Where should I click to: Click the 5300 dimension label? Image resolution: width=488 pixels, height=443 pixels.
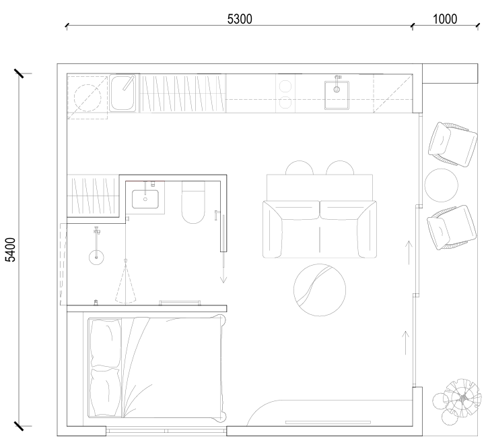point(240,19)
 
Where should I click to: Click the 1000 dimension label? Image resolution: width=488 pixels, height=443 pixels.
point(445,19)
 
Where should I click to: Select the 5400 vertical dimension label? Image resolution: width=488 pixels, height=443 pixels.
point(11,249)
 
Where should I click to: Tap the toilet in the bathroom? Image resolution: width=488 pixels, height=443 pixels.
point(193,203)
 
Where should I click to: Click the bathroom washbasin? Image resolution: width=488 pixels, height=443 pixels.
point(145,199)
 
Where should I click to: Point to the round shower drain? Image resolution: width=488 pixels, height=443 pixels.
point(96,258)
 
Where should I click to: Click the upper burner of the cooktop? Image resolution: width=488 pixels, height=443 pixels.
point(285,86)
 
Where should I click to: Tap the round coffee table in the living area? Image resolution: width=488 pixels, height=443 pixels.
point(320,290)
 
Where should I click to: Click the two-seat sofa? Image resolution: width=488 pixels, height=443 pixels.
point(320,229)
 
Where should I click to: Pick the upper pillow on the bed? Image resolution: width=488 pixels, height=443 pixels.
point(105,343)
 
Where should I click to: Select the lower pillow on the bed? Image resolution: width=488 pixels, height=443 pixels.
point(105,392)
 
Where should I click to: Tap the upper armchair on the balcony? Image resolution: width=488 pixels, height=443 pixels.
point(452,144)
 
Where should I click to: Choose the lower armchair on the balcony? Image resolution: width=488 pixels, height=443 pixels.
point(452,228)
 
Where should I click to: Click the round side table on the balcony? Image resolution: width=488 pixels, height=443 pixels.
point(442,185)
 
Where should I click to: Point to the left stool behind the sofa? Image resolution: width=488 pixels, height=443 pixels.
point(300,167)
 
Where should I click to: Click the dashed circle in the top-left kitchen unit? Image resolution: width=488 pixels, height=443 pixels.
point(88,98)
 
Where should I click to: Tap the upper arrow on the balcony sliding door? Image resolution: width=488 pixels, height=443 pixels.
point(409,253)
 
